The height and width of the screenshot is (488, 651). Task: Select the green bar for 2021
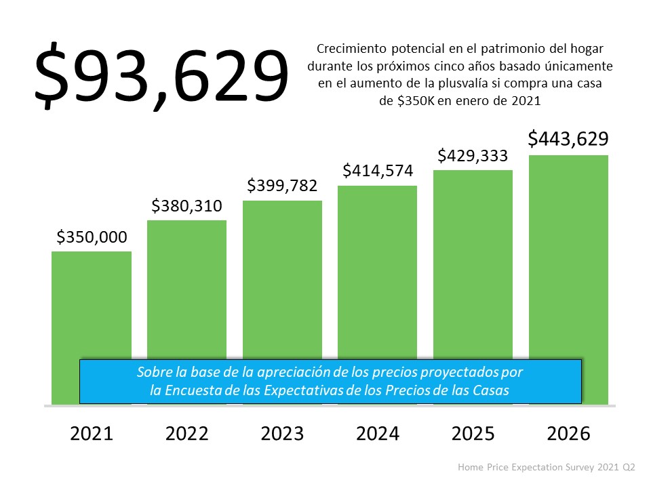(x=92, y=305)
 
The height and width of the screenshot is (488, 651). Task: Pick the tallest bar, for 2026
(x=568, y=258)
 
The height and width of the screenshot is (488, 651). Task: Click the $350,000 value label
(x=92, y=237)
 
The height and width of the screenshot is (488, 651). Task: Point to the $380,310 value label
(x=186, y=205)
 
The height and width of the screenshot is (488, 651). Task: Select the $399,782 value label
(x=282, y=186)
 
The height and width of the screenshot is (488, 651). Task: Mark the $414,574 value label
(x=378, y=171)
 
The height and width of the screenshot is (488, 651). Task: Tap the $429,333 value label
(x=473, y=155)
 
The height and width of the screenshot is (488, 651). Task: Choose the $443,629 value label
(x=568, y=139)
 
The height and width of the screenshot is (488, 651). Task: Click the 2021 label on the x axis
(x=92, y=434)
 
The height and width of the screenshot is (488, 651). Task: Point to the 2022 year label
(x=186, y=434)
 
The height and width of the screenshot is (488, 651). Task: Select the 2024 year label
(x=378, y=434)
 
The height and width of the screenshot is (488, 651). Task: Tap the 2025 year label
(x=473, y=434)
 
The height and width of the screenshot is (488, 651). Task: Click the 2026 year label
(x=568, y=434)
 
